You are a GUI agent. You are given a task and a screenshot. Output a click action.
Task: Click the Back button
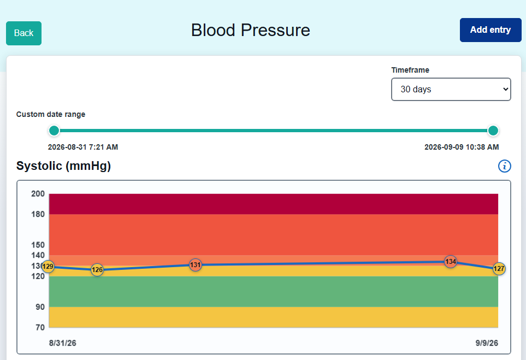click(24, 33)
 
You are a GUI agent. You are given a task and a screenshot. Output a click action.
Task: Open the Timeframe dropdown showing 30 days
click(451, 89)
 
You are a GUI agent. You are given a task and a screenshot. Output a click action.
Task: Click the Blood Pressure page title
click(251, 30)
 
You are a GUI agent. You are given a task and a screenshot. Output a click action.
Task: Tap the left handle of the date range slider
click(54, 131)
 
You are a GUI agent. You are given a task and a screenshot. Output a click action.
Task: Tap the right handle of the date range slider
click(493, 131)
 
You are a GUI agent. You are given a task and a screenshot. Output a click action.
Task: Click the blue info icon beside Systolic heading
click(505, 166)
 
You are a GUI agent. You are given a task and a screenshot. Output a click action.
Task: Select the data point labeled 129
click(48, 267)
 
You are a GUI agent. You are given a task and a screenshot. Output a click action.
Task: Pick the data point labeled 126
click(97, 270)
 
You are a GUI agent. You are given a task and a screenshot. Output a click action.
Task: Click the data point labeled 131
click(195, 265)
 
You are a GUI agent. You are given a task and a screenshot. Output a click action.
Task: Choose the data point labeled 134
click(451, 262)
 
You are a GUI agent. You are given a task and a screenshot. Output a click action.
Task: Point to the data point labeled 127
click(499, 269)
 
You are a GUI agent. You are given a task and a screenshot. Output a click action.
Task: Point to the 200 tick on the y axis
click(38, 194)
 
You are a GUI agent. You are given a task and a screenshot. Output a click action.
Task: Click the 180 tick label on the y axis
click(38, 214)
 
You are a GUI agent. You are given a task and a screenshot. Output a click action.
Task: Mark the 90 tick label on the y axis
click(40, 307)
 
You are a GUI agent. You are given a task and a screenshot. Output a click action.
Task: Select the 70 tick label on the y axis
click(40, 327)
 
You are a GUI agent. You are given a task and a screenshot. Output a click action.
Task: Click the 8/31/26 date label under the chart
click(63, 343)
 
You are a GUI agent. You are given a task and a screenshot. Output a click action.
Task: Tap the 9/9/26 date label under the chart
click(487, 343)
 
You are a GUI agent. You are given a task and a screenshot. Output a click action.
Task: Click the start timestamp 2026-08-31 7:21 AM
click(83, 147)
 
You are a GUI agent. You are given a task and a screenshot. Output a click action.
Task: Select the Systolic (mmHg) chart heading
click(63, 166)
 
